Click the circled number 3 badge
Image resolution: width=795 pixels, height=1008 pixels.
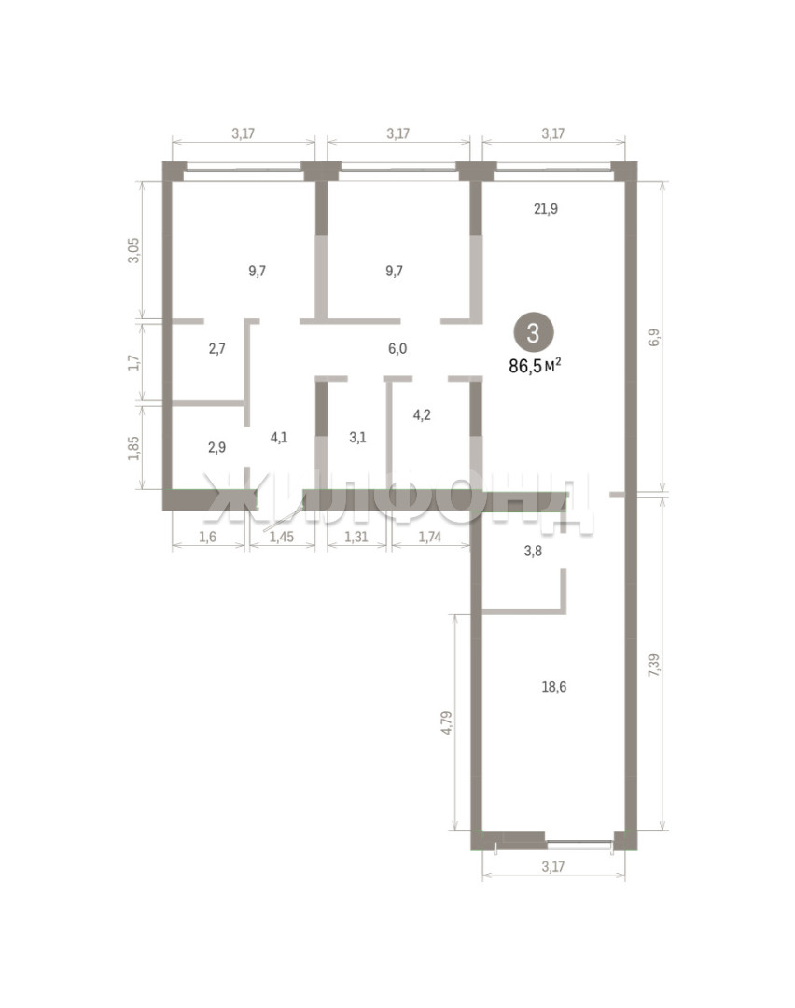533,333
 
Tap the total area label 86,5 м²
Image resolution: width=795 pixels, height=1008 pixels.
535,367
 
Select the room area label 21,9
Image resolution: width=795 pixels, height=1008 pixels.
546,208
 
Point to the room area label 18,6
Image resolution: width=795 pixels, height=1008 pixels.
554,687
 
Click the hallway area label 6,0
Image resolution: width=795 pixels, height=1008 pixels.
397,349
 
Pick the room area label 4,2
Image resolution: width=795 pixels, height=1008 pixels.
422,414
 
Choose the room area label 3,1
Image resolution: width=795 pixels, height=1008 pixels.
357,438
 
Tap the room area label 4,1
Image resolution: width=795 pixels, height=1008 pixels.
279,438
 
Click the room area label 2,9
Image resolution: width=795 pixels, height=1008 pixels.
217,447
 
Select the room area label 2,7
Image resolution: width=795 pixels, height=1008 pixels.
217,349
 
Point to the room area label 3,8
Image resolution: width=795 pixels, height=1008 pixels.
533,551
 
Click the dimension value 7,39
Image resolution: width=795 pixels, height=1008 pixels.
653,665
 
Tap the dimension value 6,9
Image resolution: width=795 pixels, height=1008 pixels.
653,338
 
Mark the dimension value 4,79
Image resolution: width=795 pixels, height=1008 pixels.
447,722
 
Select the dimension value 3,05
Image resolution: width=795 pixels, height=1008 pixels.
133,251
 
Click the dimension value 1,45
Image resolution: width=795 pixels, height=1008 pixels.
282,537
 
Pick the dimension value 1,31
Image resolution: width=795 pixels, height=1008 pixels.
356,537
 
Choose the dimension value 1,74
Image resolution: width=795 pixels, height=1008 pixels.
430,537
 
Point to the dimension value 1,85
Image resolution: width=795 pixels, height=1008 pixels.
133,448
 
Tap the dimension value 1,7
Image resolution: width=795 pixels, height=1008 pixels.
133,362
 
